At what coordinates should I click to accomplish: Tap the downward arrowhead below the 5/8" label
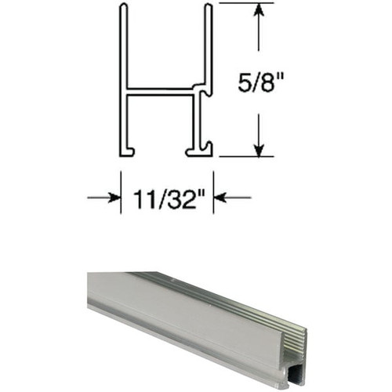258,149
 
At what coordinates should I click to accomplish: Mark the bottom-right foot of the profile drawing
200,149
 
